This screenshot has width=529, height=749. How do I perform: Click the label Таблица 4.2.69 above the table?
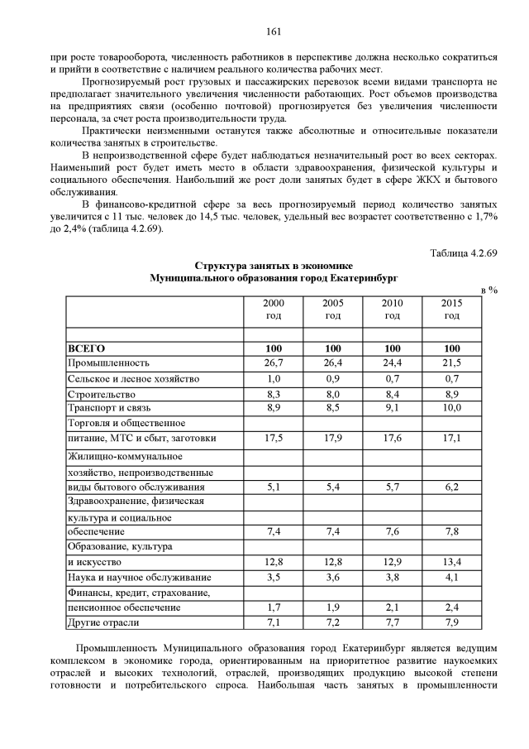(464, 253)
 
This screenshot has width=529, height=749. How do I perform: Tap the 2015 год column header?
(451, 310)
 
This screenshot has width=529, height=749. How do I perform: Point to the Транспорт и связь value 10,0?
(451, 409)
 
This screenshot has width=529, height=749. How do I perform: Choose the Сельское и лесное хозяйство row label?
(133, 378)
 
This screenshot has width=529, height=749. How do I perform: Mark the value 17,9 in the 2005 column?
(333, 439)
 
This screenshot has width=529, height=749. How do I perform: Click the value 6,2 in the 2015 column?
(451, 487)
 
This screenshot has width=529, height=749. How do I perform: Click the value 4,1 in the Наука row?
(451, 577)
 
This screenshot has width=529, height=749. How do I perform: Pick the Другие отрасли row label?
(103, 622)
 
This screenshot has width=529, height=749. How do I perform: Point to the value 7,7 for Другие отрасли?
(393, 622)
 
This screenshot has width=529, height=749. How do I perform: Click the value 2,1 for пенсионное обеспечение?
(393, 607)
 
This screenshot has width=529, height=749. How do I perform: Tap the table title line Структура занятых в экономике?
(274, 266)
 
